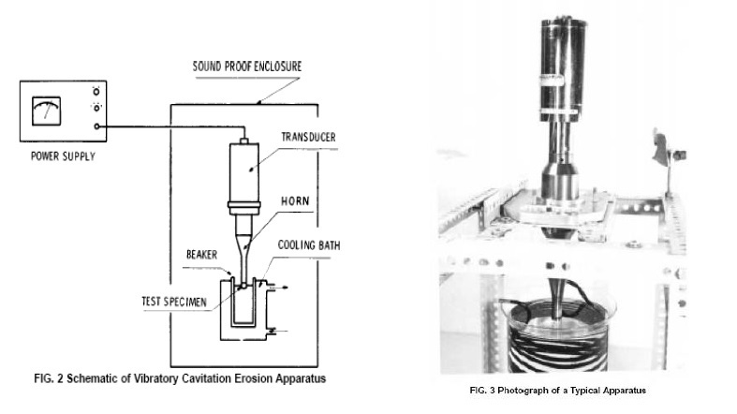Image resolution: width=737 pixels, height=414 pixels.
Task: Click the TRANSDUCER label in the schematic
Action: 309,136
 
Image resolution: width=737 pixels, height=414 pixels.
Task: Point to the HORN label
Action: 296,201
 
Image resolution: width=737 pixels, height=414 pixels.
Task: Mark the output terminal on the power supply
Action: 97,126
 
